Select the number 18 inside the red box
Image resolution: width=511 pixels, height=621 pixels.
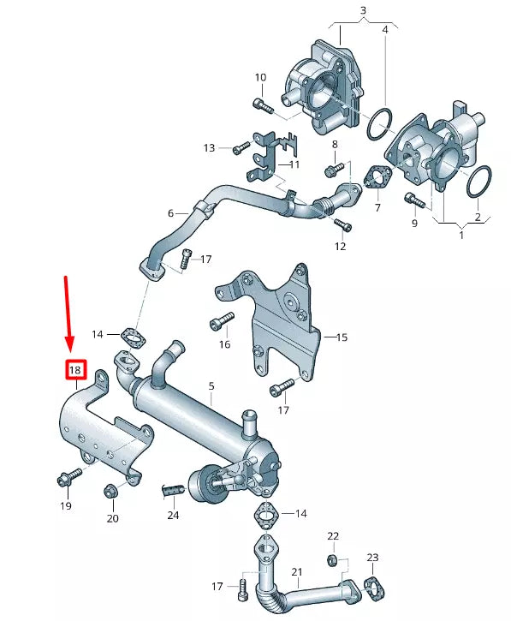coord(75,370)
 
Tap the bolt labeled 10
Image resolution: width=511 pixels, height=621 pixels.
coord(264,105)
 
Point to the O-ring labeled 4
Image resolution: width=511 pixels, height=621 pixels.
coord(380,125)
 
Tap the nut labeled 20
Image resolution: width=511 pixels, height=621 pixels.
coord(110,491)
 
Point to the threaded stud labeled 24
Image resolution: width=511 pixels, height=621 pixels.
coord(172,490)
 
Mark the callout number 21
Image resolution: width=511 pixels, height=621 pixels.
coord(297,572)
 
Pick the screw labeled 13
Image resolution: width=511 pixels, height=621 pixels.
coord(239,149)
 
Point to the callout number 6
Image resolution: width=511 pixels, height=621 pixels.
coord(170,212)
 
